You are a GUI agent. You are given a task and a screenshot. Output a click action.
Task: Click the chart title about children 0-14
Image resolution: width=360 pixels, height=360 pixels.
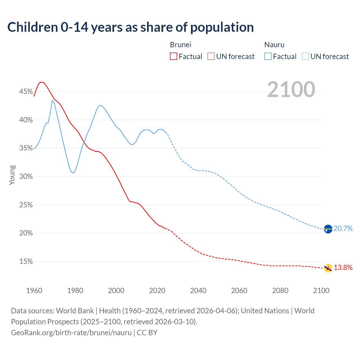pyautogui.click(x=130, y=27)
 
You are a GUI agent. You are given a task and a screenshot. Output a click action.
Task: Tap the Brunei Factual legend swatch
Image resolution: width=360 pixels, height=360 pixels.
pyautogui.click(x=174, y=57)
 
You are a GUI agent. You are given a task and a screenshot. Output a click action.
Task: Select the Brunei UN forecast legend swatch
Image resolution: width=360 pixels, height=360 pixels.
pyautogui.click(x=211, y=57)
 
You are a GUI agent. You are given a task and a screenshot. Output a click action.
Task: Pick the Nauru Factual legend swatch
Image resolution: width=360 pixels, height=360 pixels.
pyautogui.click(x=268, y=57)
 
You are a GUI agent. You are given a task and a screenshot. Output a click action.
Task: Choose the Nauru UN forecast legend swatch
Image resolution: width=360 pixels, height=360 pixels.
pyautogui.click(x=305, y=57)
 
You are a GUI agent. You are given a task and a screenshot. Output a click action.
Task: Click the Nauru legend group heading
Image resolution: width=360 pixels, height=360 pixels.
pyautogui.click(x=274, y=45)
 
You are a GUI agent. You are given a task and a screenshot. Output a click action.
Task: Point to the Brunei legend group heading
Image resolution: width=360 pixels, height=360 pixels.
pyautogui.click(x=181, y=45)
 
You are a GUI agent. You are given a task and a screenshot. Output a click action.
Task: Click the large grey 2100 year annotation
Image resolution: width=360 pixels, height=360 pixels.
pyautogui.click(x=291, y=89)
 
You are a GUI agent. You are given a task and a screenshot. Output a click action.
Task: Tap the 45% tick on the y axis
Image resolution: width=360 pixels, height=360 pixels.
pyautogui.click(x=26, y=92)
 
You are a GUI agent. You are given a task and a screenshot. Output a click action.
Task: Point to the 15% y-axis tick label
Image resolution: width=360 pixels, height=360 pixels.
pyautogui.click(x=26, y=262)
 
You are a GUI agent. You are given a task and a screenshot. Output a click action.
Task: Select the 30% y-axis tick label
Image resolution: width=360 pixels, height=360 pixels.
pyautogui.click(x=26, y=177)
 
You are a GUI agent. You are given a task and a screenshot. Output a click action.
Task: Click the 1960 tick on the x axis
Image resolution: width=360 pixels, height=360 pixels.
pyautogui.click(x=34, y=291)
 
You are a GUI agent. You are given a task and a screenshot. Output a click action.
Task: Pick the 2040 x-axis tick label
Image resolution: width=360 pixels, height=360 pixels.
pyautogui.click(x=198, y=291)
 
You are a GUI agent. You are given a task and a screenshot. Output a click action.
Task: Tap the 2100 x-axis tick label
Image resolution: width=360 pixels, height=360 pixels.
pyautogui.click(x=321, y=291)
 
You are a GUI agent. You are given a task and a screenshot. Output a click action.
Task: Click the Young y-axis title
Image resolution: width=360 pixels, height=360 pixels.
pyautogui.click(x=12, y=175)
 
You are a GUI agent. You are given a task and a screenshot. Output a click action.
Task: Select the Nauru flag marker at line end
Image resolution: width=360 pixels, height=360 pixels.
pyautogui.click(x=328, y=229)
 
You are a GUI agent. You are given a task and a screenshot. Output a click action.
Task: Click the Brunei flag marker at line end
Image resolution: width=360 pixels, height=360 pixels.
pyautogui.click(x=328, y=268)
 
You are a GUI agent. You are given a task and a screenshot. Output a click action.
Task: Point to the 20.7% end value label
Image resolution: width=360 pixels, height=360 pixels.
pyautogui.click(x=343, y=229)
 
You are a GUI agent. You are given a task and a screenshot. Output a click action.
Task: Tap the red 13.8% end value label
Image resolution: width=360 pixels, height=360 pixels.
pyautogui.click(x=343, y=268)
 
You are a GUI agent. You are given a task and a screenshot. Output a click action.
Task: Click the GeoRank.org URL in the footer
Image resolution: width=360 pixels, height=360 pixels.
pyautogui.click(x=71, y=333)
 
